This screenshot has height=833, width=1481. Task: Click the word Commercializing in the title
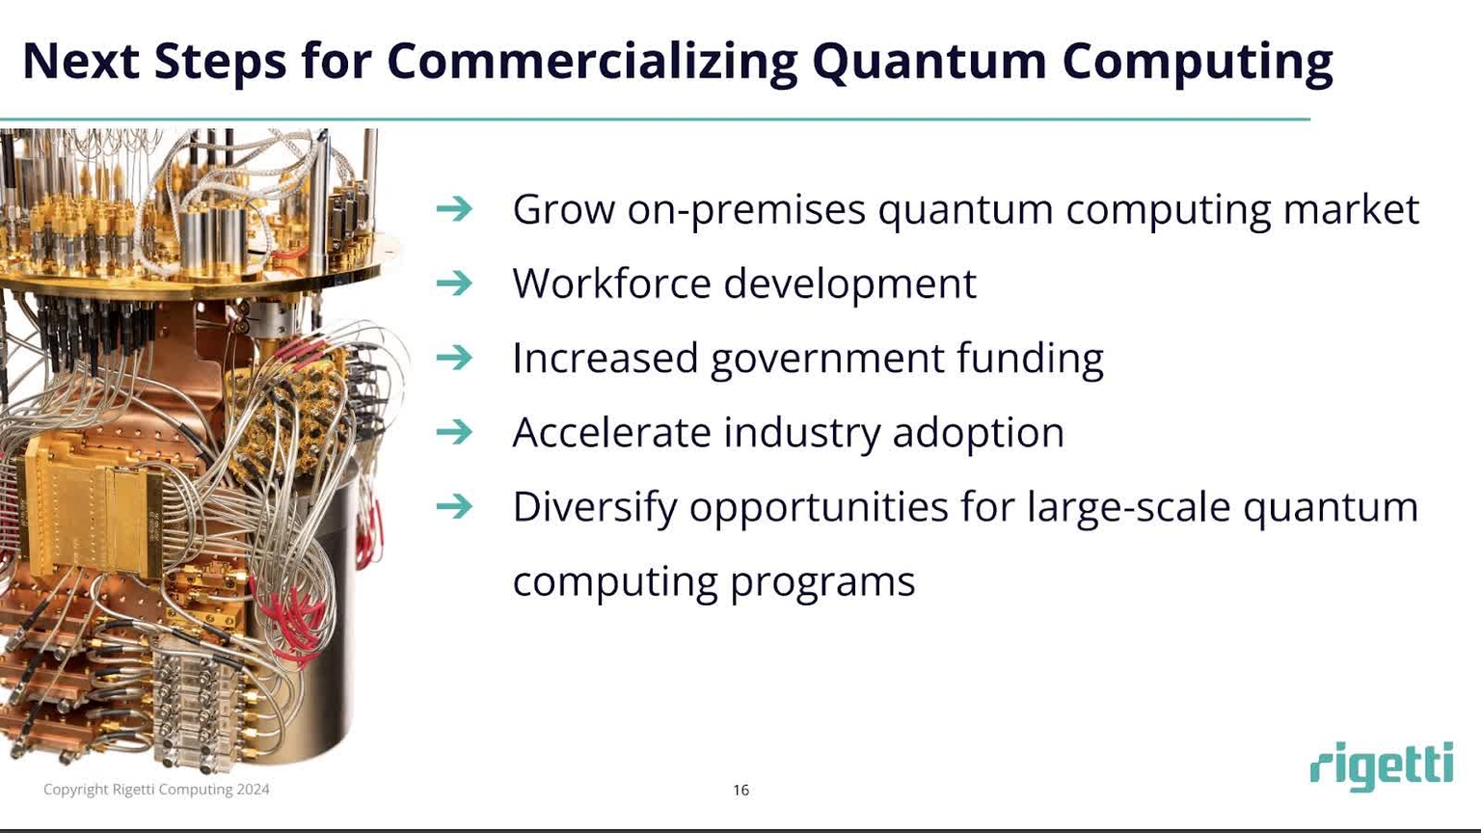(x=592, y=60)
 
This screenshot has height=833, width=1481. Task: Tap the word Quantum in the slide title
(x=929, y=60)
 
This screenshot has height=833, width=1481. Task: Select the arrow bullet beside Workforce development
(x=454, y=283)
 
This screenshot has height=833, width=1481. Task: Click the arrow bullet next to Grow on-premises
(x=454, y=209)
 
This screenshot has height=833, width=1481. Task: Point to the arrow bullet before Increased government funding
(x=454, y=358)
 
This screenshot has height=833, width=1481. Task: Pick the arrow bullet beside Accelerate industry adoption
(x=454, y=432)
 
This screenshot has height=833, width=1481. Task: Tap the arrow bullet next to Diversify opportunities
(x=454, y=506)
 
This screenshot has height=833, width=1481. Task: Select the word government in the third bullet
(x=827, y=359)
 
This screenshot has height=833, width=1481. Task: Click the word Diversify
(x=594, y=507)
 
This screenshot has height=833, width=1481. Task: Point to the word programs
(x=821, y=581)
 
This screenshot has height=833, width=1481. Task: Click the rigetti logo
(x=1381, y=766)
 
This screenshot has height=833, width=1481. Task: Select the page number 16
(x=740, y=790)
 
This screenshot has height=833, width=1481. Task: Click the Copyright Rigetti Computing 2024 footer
(x=156, y=790)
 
